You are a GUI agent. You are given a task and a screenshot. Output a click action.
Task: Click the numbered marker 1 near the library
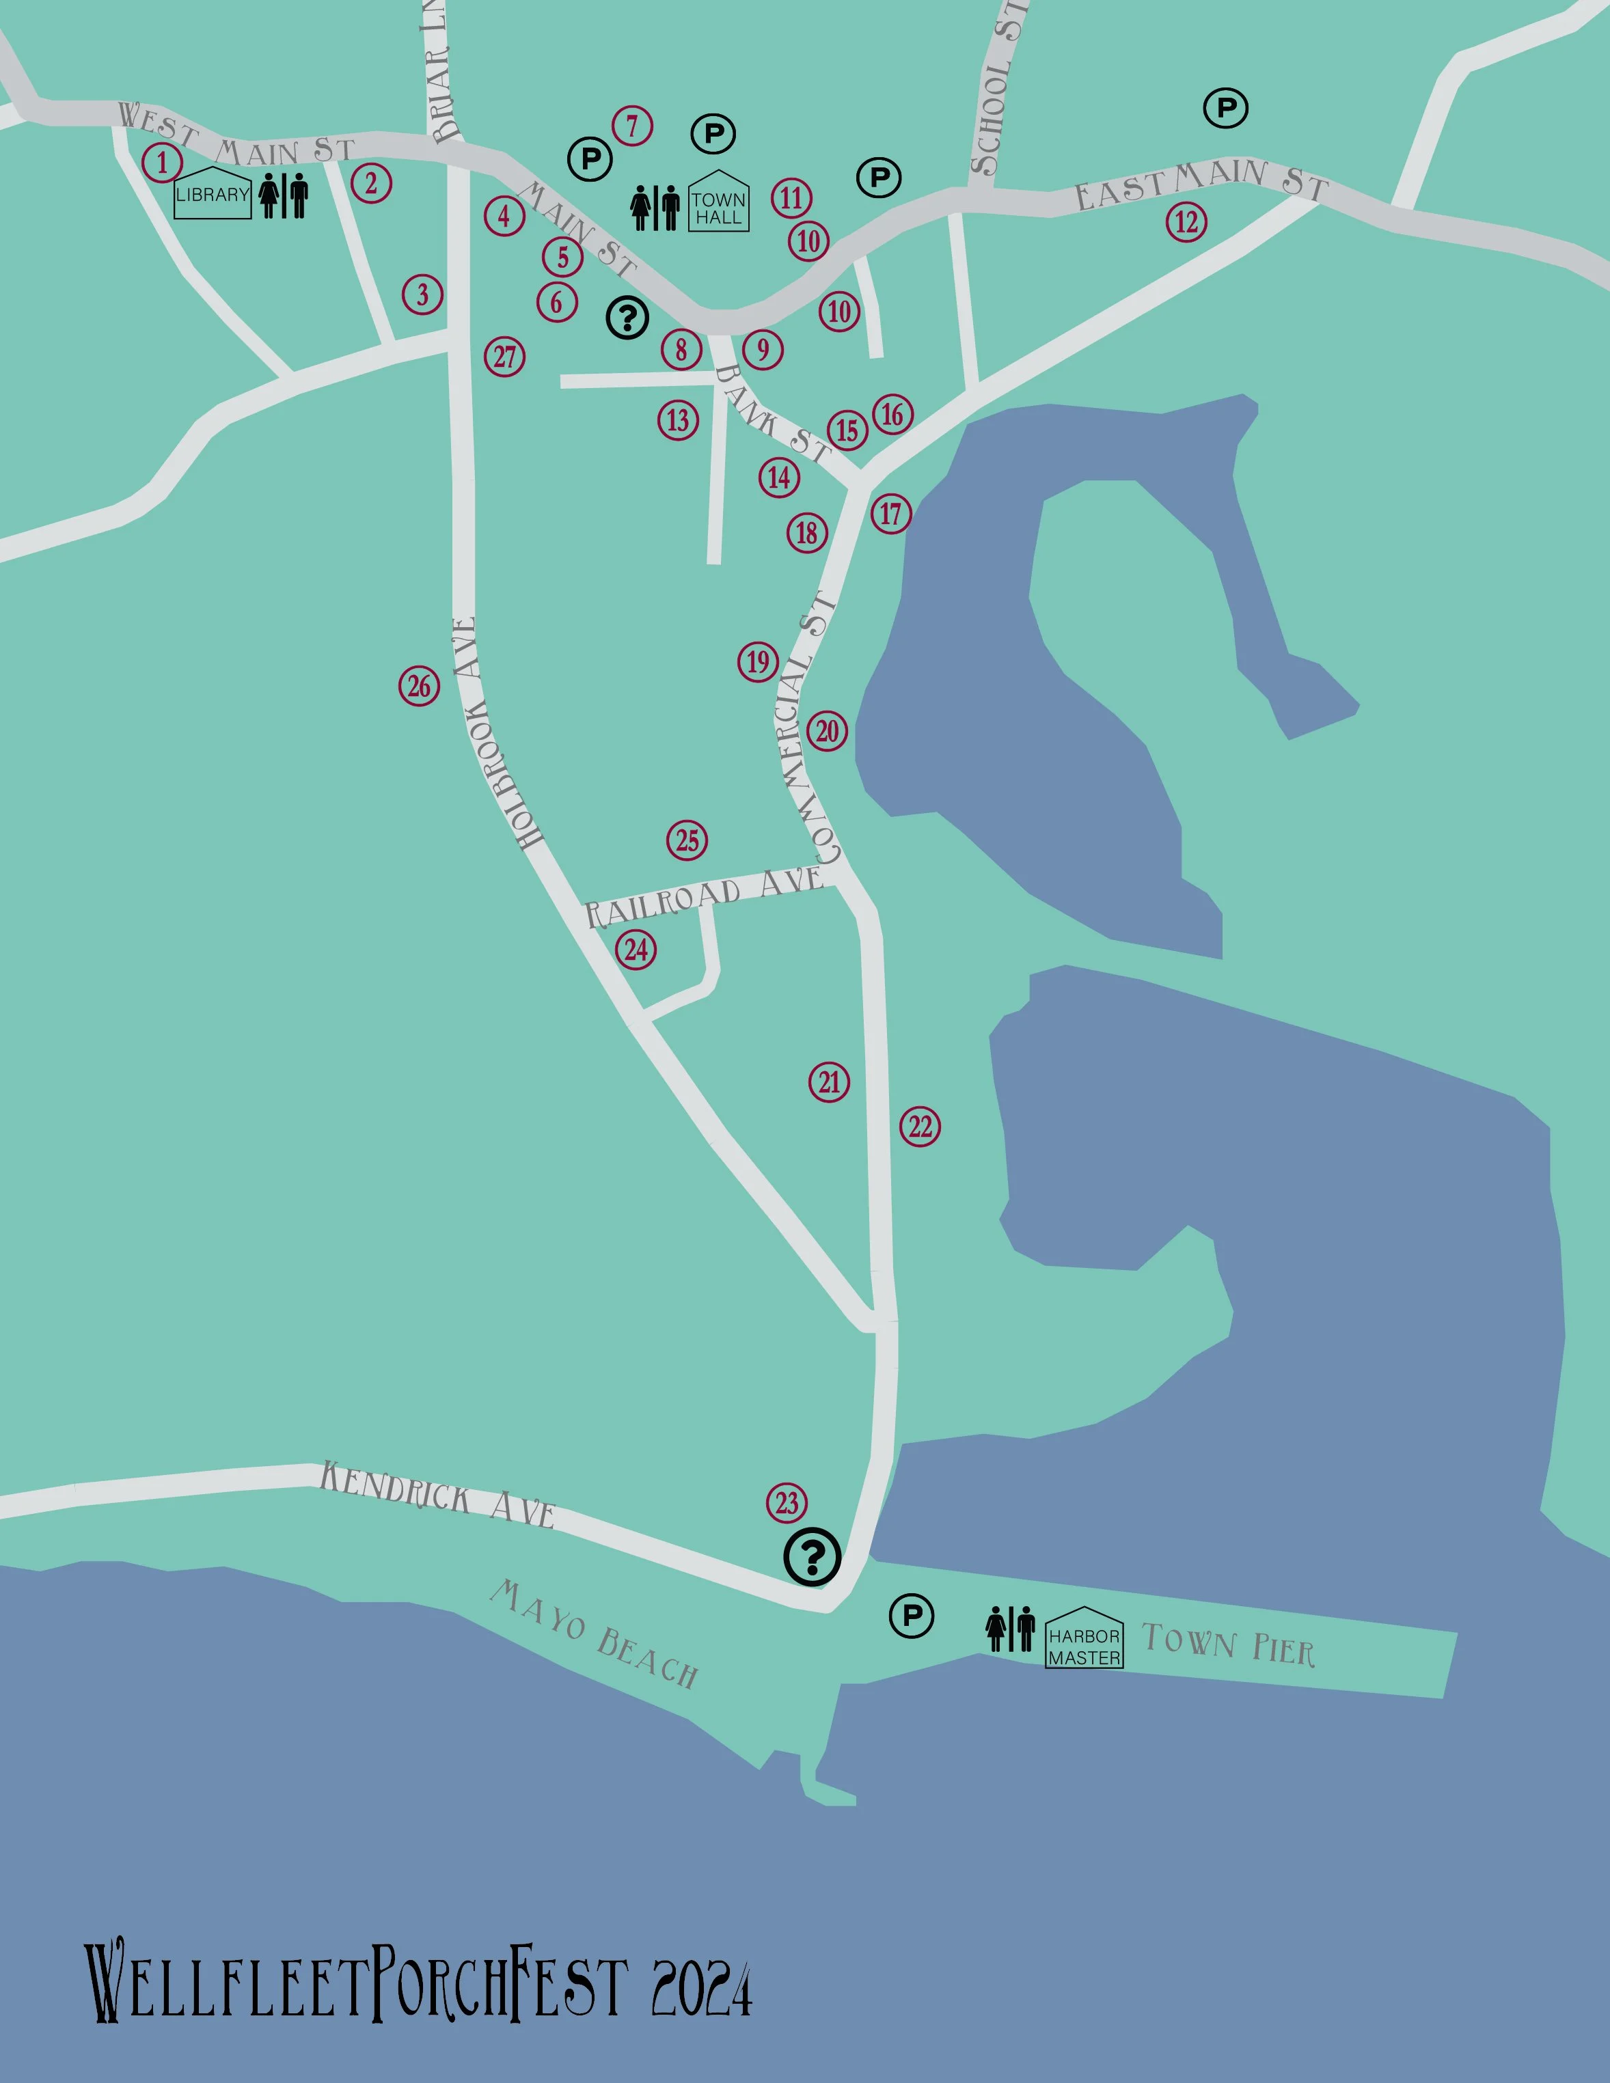click(162, 162)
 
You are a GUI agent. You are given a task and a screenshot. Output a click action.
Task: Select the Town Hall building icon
click(718, 202)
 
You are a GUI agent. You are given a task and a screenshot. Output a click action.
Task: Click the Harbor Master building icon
click(1084, 1638)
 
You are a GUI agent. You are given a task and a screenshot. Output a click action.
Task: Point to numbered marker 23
click(787, 1503)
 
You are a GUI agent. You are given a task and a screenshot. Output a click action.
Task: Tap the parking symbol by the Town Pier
click(911, 1616)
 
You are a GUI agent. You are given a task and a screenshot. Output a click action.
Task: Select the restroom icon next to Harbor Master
click(1010, 1628)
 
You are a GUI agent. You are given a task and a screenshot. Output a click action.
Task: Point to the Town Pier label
click(1229, 1645)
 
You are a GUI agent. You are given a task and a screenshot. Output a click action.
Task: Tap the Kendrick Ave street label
click(437, 1493)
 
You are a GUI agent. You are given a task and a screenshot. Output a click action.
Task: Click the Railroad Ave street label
click(704, 896)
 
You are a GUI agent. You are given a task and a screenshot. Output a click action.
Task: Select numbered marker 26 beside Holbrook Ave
click(420, 686)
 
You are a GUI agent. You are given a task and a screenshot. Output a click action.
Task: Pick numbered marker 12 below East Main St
click(1186, 222)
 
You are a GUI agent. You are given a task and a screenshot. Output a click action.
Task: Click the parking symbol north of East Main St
click(1226, 108)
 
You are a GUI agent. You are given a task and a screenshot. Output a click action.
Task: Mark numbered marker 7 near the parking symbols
click(632, 125)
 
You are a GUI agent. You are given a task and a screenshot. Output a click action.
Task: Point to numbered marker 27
click(504, 357)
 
